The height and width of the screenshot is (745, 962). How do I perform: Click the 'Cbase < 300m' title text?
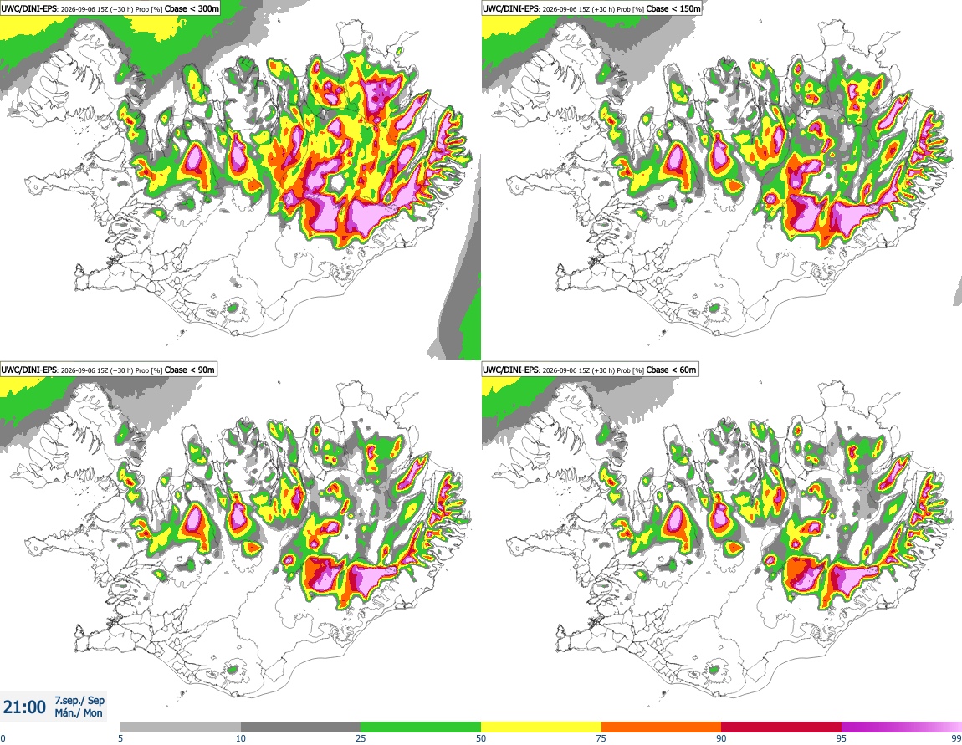[x=192, y=8]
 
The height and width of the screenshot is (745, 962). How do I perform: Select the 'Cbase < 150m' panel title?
[x=673, y=8]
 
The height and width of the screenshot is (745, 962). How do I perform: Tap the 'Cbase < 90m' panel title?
[x=190, y=370]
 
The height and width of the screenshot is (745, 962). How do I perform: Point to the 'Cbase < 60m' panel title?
[x=672, y=370]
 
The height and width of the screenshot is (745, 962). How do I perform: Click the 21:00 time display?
[x=24, y=707]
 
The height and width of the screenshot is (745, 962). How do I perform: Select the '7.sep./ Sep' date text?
[x=79, y=700]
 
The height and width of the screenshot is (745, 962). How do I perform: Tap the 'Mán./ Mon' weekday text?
[x=79, y=713]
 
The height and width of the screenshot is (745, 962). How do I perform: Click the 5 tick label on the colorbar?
[x=120, y=738]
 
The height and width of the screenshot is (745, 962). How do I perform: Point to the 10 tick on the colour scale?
[x=241, y=738]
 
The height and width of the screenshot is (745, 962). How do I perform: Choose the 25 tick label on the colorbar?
[x=361, y=738]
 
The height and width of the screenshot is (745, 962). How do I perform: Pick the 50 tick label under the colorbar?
[x=481, y=738]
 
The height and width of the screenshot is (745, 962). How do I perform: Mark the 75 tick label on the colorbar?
[x=601, y=738]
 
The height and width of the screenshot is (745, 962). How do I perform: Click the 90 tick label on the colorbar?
[x=721, y=738]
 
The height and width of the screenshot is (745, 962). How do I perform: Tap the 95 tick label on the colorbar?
[x=842, y=738]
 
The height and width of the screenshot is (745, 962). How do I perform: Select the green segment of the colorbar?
[x=421, y=727]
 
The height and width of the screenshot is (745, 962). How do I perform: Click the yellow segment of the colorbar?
[x=541, y=727]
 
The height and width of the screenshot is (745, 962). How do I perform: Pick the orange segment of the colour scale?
[x=662, y=727]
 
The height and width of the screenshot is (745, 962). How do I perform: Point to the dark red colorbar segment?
[x=781, y=727]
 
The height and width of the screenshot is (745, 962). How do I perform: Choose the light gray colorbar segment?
[x=181, y=727]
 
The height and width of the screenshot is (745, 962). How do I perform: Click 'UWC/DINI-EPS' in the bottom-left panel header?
[x=28, y=370]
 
